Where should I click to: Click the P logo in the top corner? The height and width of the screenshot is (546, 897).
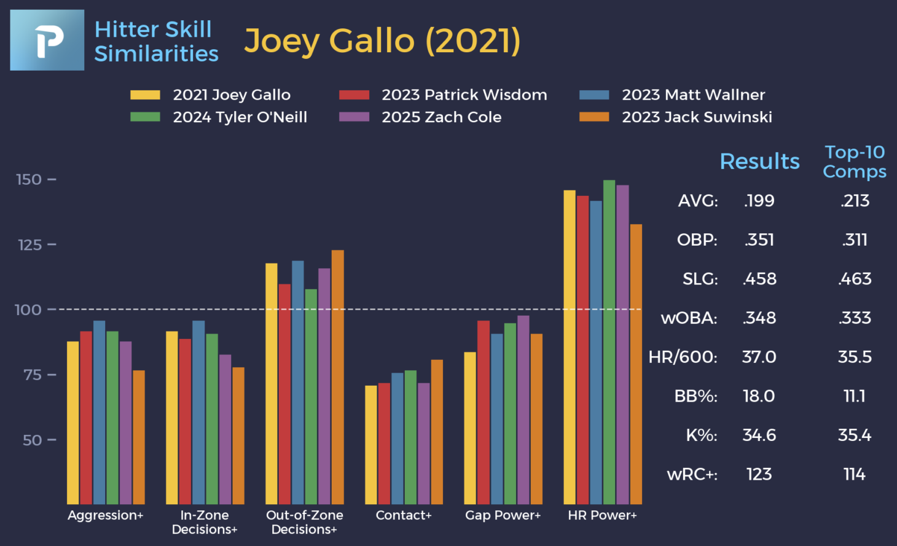(47, 40)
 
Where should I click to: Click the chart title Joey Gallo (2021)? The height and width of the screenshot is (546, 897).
(382, 41)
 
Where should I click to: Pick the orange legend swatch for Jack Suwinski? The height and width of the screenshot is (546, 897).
(594, 117)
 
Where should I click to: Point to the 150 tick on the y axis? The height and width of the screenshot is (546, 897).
(29, 179)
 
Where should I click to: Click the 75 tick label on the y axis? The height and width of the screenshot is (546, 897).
(32, 375)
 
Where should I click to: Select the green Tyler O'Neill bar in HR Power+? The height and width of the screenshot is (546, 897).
(609, 341)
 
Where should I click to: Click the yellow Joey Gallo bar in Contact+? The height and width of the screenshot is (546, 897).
(371, 445)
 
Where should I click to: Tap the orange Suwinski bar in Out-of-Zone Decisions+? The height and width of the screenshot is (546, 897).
(338, 376)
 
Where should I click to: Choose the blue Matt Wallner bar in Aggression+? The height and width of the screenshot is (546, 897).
(99, 412)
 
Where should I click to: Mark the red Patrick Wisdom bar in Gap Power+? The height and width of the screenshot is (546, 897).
(484, 412)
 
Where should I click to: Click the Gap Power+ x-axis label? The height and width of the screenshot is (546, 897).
(503, 515)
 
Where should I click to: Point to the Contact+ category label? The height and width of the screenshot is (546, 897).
(404, 515)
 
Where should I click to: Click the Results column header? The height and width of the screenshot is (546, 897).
(759, 161)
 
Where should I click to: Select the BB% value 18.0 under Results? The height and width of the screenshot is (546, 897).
(759, 396)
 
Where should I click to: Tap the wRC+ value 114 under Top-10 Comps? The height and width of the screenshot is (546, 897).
(854, 474)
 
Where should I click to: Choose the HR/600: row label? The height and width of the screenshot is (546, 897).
(683, 357)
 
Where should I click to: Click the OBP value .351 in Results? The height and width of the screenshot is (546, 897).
(759, 240)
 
